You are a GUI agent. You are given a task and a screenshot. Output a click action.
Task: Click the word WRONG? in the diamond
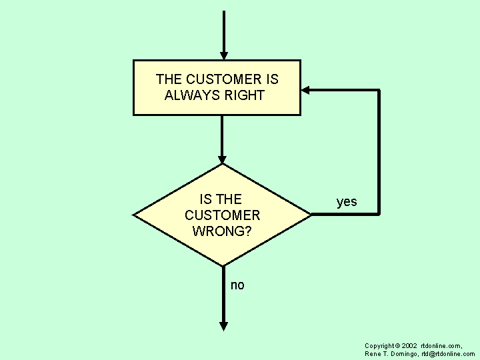click(222, 231)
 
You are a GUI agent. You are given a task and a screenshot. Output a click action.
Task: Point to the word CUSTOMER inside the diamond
click(222, 215)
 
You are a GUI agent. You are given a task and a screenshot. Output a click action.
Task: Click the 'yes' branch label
click(347, 202)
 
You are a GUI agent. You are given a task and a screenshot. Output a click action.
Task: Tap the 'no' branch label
click(237, 285)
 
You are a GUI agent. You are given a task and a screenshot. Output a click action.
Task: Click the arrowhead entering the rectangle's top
click(224, 55)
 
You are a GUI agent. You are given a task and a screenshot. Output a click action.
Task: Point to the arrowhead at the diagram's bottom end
click(224, 326)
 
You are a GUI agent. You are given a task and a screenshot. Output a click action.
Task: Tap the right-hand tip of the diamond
click(310, 215)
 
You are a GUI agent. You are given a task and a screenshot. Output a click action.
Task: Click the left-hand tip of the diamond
click(135, 215)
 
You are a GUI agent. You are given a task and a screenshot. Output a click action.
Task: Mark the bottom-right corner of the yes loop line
click(379, 214)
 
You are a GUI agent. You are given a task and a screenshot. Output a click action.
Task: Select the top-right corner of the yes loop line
click(379, 89)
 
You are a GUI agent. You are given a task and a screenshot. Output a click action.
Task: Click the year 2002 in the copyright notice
click(409, 346)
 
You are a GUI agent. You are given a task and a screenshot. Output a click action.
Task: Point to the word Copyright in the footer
click(379, 346)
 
